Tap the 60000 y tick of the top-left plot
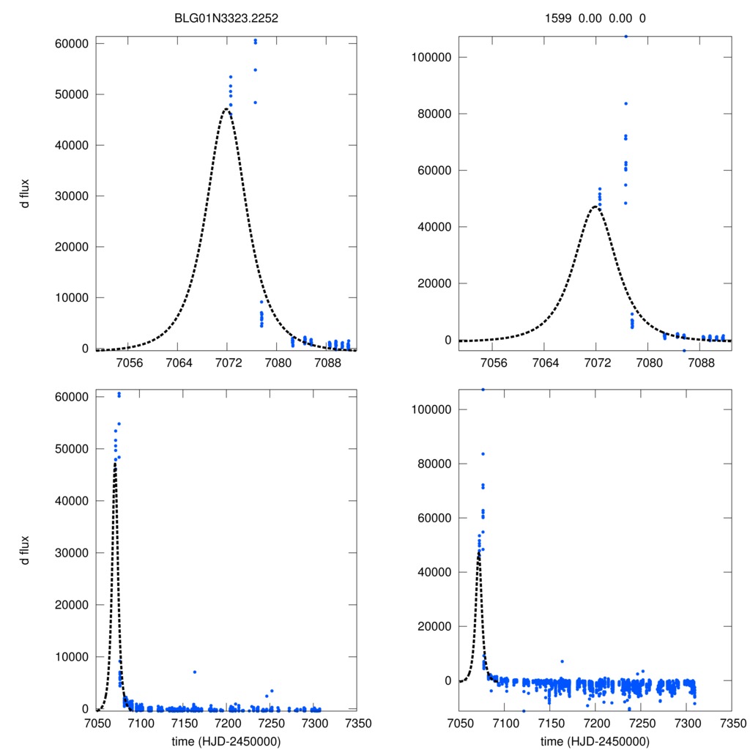[73, 44]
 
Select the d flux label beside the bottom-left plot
[25, 550]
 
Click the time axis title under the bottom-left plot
[226, 740]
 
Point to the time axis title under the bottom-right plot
[595, 740]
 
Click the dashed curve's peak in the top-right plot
[596, 207]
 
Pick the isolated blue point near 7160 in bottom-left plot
[195, 672]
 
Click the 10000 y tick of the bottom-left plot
[73, 656]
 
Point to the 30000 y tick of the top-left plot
[73, 196]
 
